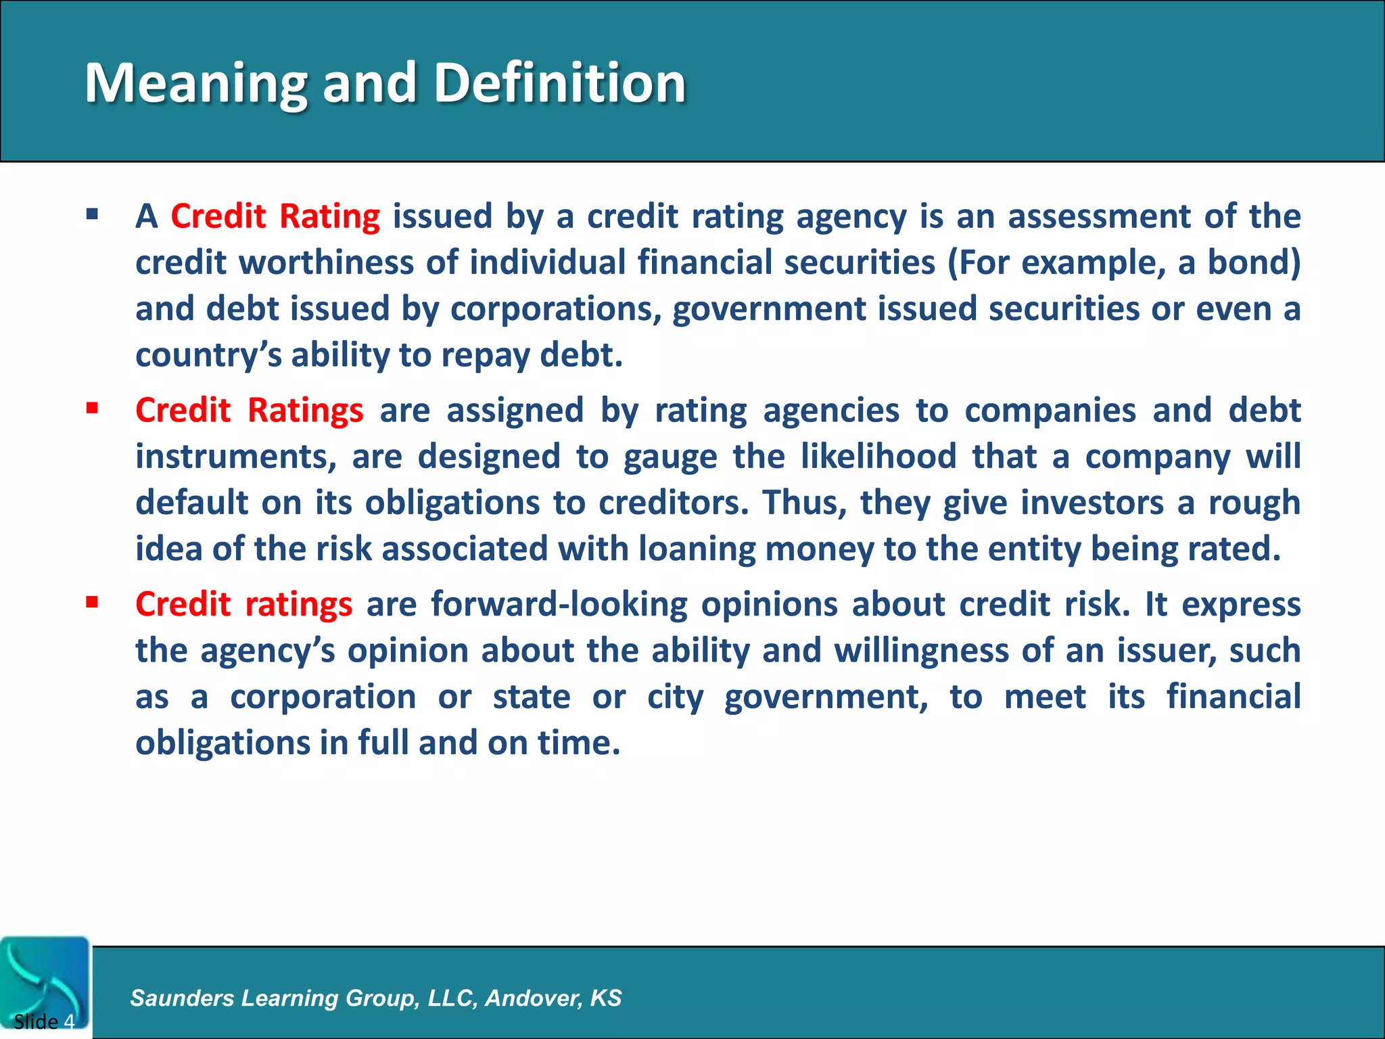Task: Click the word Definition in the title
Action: (559, 83)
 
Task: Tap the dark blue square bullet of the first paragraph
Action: (93, 216)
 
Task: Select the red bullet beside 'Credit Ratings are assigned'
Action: (93, 409)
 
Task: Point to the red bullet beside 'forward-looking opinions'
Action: (93, 602)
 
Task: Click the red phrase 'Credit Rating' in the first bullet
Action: (275, 216)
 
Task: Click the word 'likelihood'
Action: (878, 456)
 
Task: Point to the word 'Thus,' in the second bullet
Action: (803, 503)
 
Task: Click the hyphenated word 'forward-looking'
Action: (559, 604)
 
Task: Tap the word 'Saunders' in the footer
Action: (182, 998)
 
